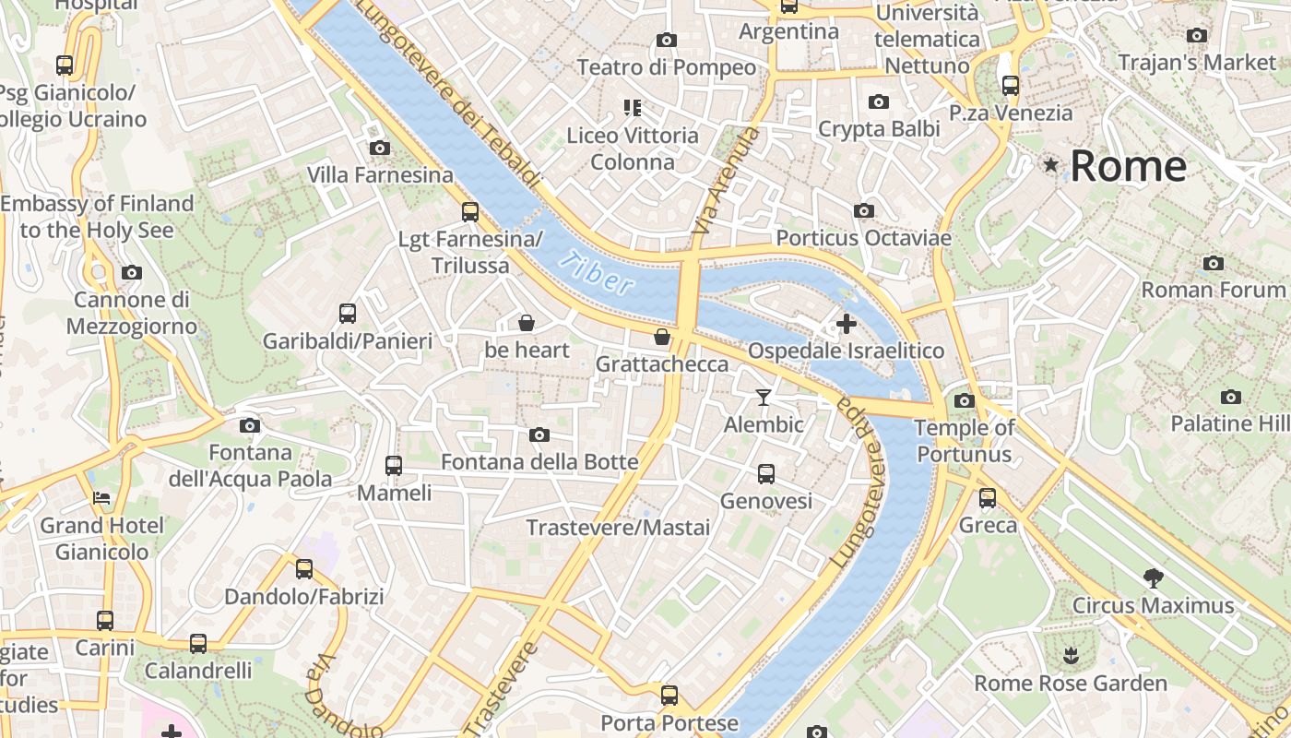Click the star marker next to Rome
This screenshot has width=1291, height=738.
(x=1050, y=165)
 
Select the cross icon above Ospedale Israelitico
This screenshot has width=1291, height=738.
(x=846, y=324)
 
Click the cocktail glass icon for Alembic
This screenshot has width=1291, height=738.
(x=763, y=398)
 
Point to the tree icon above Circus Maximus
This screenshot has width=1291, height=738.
(x=1153, y=578)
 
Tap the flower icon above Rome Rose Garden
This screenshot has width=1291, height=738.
(x=1071, y=656)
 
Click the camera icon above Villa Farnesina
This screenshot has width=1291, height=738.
(x=379, y=148)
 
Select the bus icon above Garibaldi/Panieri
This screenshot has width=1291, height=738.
(x=348, y=314)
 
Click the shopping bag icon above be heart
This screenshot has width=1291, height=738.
(x=527, y=323)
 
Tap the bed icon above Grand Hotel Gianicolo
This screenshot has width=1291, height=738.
(x=101, y=498)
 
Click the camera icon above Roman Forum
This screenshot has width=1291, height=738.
(x=1214, y=264)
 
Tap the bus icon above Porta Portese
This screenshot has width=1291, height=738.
(x=669, y=696)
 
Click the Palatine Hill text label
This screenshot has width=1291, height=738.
(x=1229, y=423)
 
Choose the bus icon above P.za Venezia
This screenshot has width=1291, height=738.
(x=1011, y=86)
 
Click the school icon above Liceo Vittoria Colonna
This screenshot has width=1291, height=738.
(x=632, y=108)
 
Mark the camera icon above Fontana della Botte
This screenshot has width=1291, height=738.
(x=539, y=434)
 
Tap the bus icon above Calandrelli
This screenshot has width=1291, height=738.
(x=198, y=643)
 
